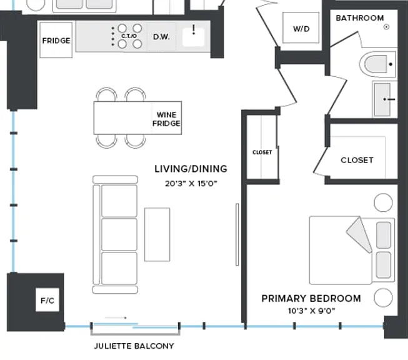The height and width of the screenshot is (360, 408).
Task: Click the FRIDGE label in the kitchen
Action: (x=56, y=41)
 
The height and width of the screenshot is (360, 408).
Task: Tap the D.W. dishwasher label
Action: (x=161, y=37)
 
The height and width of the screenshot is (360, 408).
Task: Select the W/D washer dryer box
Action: (x=301, y=27)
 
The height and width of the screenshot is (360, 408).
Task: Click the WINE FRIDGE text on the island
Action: (x=166, y=119)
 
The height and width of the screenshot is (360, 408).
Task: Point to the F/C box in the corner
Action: (x=47, y=300)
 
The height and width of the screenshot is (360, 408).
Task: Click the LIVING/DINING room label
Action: (x=191, y=169)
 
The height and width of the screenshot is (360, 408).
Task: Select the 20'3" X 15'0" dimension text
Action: (x=191, y=184)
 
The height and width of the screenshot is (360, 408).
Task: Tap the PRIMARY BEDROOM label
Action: (x=311, y=298)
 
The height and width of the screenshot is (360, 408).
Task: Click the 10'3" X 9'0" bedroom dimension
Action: (x=311, y=311)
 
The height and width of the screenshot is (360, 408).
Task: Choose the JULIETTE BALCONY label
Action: (x=134, y=346)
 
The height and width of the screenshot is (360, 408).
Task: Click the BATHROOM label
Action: (x=360, y=18)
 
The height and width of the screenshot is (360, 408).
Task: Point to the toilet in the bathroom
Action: (x=377, y=64)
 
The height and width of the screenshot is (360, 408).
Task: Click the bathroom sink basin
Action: (x=382, y=100)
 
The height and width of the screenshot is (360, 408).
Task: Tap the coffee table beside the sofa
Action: (x=157, y=234)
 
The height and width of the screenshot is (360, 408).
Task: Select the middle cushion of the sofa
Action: (x=119, y=234)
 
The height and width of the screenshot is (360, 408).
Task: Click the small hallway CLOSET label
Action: (x=262, y=152)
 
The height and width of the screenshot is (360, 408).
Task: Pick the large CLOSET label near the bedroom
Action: (x=357, y=160)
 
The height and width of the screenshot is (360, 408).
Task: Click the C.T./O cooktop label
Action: (x=129, y=36)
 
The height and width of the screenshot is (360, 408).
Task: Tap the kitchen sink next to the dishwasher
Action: (x=193, y=37)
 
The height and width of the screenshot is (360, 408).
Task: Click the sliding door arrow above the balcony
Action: (x=116, y=318)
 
